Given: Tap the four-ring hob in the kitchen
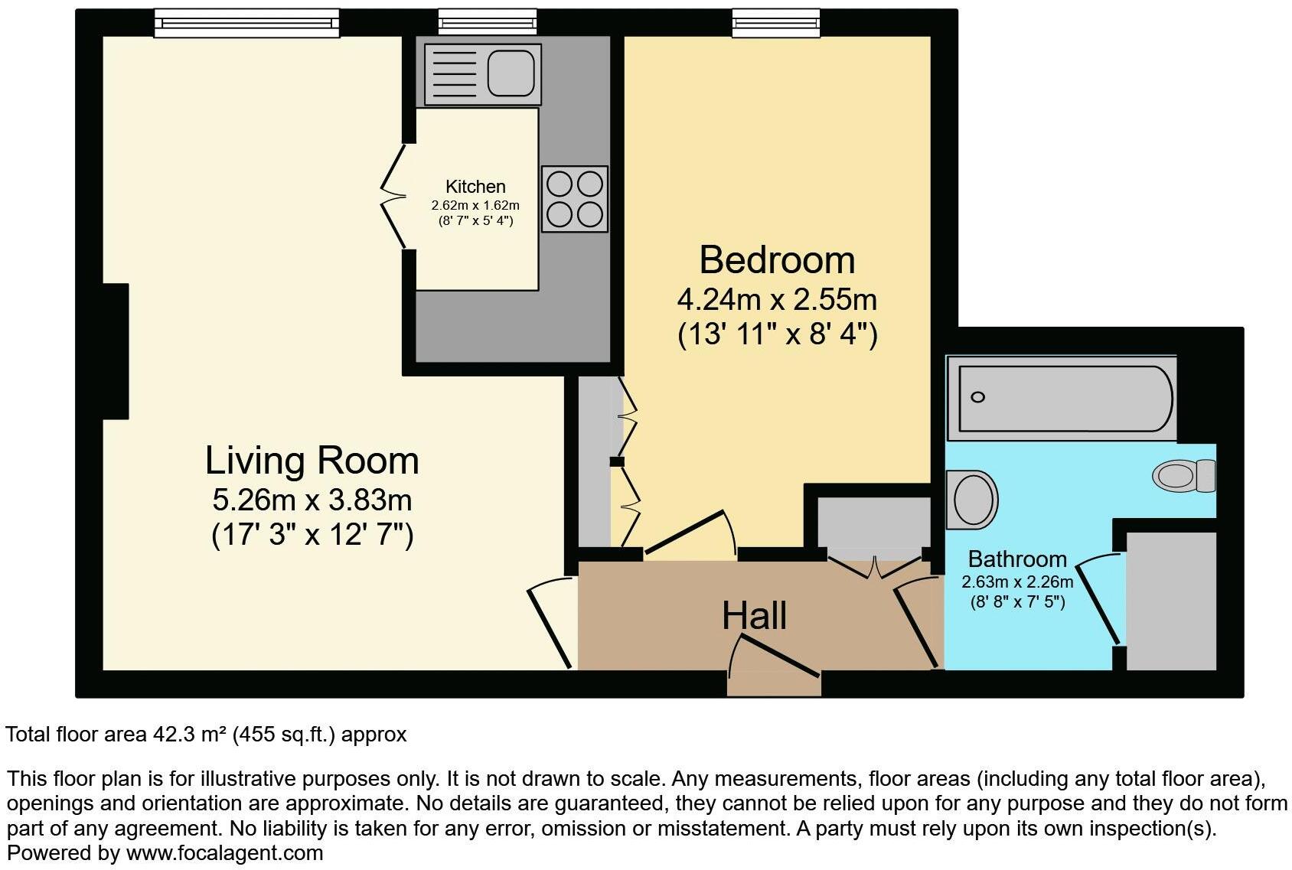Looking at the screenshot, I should (575, 198).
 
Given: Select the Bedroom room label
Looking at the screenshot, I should (777, 260).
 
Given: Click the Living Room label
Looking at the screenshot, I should (312, 461).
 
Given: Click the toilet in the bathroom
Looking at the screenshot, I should (1183, 475).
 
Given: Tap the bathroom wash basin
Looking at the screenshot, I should (972, 499).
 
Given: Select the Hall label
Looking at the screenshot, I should (754, 616).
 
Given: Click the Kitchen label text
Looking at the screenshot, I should (475, 187).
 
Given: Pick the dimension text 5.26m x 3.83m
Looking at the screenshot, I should (312, 500).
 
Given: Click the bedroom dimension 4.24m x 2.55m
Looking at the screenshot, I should (777, 299).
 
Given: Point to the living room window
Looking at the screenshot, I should (246, 23).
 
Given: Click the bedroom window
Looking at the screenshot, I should (776, 23).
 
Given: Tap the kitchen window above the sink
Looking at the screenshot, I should (488, 23).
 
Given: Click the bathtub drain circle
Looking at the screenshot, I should (977, 397).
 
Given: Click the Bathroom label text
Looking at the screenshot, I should (1016, 559).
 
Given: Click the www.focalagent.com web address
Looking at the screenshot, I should (224, 853).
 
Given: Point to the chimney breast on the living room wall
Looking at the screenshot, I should (116, 351).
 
